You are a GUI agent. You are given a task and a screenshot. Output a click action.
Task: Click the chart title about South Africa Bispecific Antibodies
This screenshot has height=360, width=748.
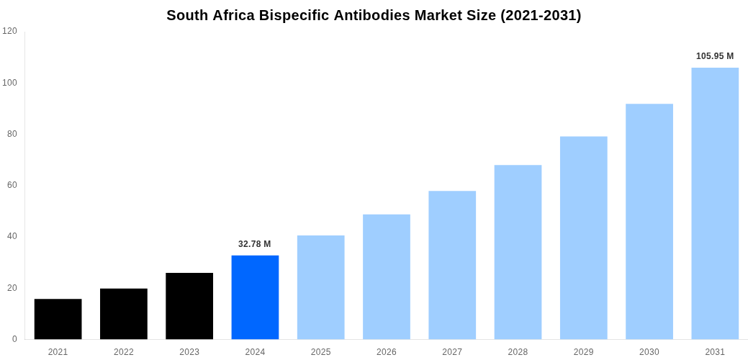tap(374, 15)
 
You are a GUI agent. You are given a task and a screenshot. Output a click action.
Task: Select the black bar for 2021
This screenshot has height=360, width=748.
tap(58, 319)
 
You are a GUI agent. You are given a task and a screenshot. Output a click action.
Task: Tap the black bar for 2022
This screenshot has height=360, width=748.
tap(124, 314)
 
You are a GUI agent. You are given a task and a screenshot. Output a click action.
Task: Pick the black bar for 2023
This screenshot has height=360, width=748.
tap(189, 306)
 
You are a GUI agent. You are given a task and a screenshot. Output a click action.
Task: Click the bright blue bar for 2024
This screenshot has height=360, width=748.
tap(255, 297)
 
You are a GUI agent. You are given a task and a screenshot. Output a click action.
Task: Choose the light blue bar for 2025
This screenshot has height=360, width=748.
tap(320, 287)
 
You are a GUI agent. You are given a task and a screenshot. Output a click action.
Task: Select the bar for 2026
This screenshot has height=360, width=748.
tap(387, 277)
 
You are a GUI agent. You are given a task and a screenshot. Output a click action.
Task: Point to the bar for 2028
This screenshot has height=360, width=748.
tap(518, 252)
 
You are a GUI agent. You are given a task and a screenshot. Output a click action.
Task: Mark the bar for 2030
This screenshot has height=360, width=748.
tap(649, 222)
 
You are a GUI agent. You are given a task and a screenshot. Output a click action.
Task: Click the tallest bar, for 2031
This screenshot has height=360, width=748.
tap(715, 204)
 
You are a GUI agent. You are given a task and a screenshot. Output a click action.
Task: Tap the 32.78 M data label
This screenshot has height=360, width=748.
tap(255, 244)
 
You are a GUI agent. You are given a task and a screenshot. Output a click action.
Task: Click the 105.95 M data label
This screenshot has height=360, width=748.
tap(715, 56)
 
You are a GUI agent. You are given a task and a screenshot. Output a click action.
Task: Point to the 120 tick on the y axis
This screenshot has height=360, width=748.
tap(9, 31)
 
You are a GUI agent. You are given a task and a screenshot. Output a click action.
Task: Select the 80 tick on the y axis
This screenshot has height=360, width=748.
tap(12, 134)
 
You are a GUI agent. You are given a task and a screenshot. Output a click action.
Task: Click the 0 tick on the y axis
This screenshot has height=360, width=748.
tap(14, 339)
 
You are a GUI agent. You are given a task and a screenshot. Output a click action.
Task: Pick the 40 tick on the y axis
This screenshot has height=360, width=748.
tap(12, 236)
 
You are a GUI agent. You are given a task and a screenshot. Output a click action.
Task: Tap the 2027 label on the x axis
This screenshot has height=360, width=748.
tap(452, 352)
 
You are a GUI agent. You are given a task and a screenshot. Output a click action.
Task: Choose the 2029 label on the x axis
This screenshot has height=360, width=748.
tap(584, 352)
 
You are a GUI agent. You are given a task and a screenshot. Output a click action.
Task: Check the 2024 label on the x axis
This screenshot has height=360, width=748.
tap(255, 352)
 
